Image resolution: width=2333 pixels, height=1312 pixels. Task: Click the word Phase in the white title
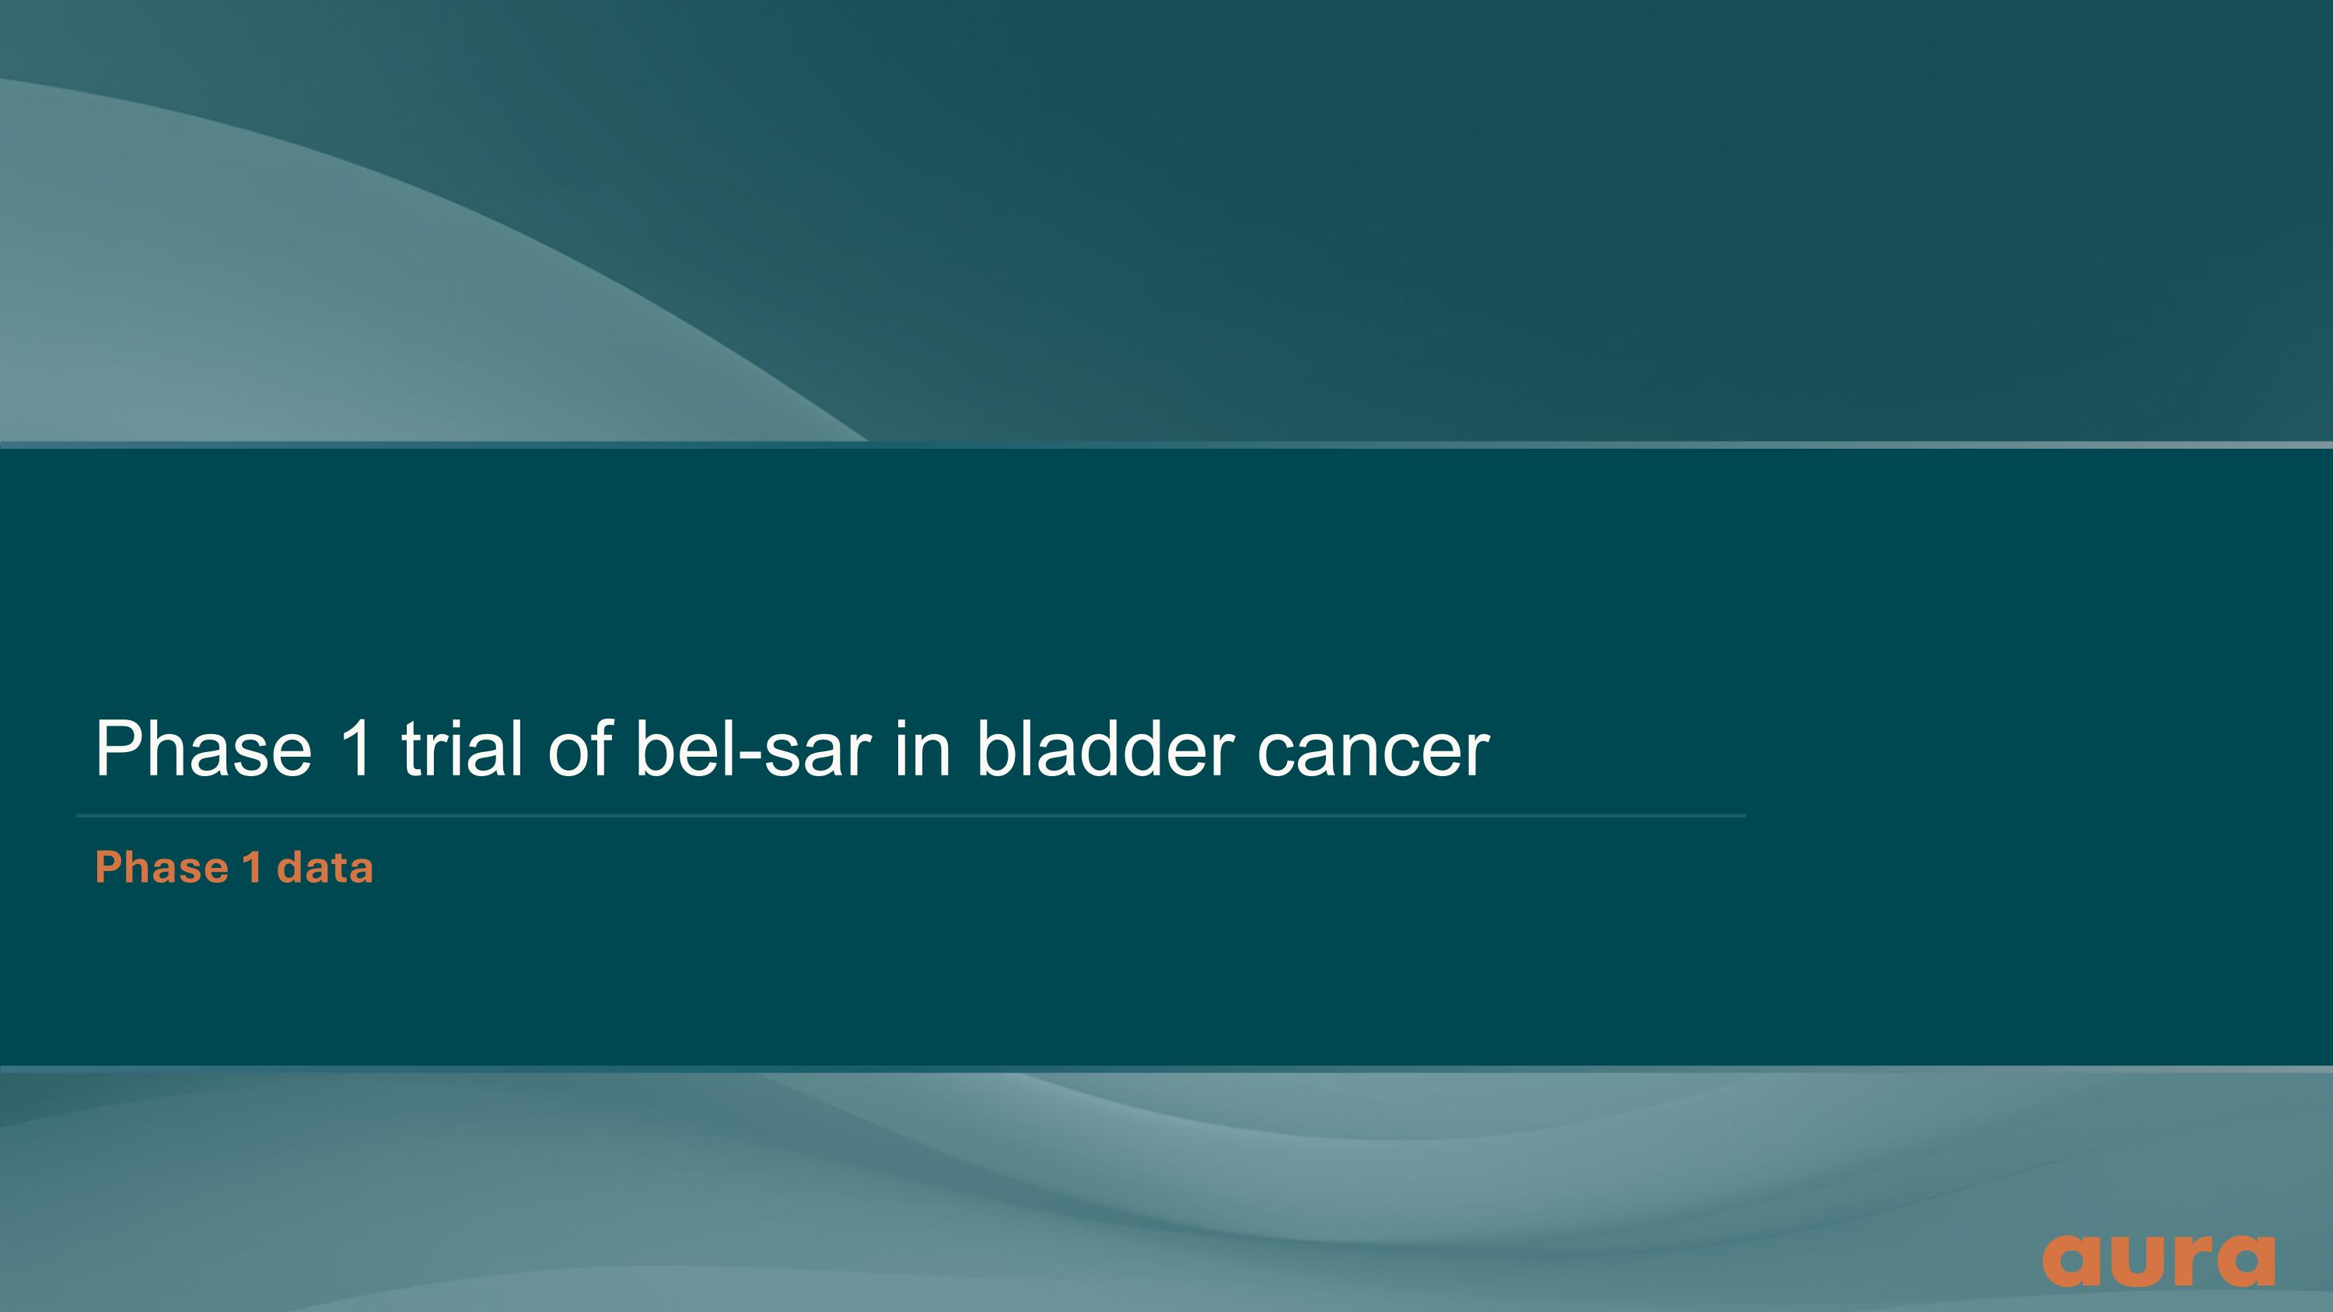coord(204,749)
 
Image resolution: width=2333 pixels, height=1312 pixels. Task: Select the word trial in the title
coord(462,749)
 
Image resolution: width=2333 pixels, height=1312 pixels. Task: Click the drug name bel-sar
coord(753,749)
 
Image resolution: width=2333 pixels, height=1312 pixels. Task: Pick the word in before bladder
coord(923,749)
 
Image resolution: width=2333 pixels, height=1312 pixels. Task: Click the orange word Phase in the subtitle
coord(162,867)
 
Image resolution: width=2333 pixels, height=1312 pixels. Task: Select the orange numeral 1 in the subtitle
coord(253,867)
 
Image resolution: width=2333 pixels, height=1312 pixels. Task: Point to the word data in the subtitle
coord(325,867)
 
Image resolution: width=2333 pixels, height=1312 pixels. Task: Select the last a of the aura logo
coord(2244,1261)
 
